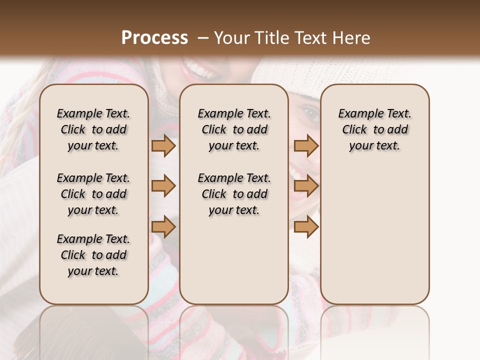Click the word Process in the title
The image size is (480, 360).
[x=154, y=38]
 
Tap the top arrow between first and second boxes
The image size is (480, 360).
[x=163, y=145]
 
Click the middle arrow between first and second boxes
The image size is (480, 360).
[x=163, y=186]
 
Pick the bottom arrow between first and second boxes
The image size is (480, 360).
[x=163, y=226]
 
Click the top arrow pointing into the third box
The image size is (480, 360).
[x=306, y=145]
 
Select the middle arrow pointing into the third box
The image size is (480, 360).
[x=306, y=186]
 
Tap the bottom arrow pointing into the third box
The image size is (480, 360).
[x=306, y=226]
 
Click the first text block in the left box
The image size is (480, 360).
[x=93, y=129]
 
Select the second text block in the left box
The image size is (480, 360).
[x=93, y=194]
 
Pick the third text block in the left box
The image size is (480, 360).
[x=93, y=255]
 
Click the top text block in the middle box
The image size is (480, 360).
[x=234, y=129]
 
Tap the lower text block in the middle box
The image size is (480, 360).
[x=234, y=194]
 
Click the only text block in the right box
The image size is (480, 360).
[x=374, y=129]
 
